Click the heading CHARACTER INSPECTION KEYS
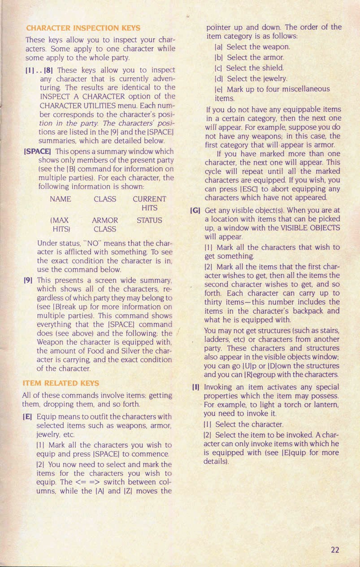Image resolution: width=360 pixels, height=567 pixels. coord(83,27)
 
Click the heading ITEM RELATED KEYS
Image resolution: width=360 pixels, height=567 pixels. coord(61,383)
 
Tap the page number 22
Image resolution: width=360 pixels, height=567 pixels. coord(335,550)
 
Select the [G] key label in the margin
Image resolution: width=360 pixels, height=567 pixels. coord(195,209)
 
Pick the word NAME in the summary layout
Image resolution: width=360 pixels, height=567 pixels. coord(61,199)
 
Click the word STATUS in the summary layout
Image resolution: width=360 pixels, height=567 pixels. coord(149,220)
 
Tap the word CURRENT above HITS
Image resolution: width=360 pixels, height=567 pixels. coord(149,199)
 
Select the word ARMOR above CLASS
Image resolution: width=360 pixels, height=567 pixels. coord(104,220)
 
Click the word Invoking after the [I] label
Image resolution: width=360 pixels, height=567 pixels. coord(219,387)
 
